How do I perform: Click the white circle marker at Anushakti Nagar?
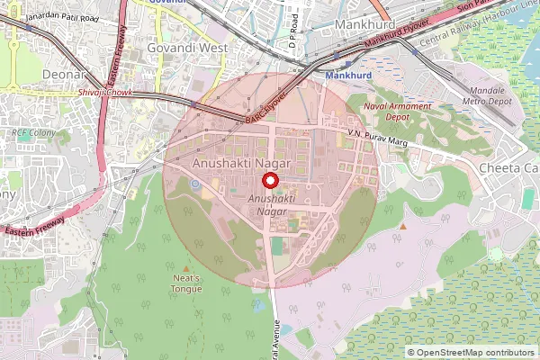267,179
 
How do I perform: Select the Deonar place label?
62,74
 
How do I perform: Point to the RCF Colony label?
33,133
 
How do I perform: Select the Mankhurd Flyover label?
397,40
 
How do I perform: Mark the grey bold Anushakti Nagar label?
242,164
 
